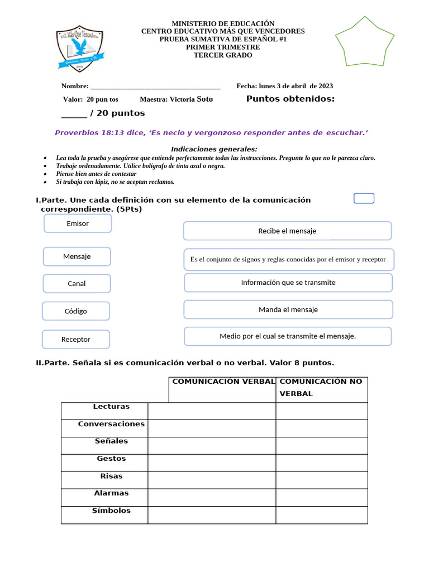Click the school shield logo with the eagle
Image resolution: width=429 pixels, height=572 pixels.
(79, 49)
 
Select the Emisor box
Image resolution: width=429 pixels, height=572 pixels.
(78, 223)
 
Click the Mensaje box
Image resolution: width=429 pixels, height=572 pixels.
(77, 256)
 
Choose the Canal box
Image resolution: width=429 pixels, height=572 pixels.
(77, 283)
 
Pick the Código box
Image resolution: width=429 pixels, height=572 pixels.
(76, 311)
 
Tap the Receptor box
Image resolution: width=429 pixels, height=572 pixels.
(76, 339)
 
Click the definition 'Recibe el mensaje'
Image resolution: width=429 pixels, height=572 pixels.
(287, 231)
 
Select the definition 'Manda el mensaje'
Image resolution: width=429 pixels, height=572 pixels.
(288, 309)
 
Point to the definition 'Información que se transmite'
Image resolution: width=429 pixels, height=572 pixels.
(288, 283)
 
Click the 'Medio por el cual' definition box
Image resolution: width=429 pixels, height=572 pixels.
(288, 336)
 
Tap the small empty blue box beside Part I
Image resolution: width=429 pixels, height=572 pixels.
(364, 198)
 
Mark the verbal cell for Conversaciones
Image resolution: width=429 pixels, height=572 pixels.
(212, 428)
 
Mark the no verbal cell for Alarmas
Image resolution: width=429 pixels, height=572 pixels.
(321, 497)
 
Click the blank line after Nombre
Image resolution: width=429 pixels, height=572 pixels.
(155, 87)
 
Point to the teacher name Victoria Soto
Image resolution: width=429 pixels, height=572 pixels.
(191, 99)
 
